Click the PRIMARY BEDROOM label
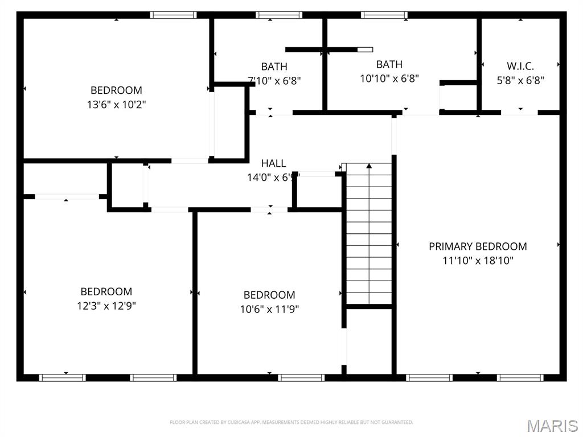[478, 246]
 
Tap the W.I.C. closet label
[520, 66]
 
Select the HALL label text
[274, 163]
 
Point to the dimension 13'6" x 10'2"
[116, 105]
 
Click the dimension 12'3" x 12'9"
[106, 306]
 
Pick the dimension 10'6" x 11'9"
[269, 310]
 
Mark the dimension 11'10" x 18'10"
[478, 261]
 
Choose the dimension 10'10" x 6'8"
[389, 79]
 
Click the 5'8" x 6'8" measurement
[520, 81]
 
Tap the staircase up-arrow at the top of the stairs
[369, 166]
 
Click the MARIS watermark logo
[552, 425]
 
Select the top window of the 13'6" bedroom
[173, 15]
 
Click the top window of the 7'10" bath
[278, 15]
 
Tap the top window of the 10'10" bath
[384, 15]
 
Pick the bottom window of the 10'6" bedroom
[301, 377]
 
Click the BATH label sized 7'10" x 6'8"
[274, 67]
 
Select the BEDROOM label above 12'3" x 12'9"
[106, 291]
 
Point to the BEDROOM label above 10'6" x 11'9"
[269, 295]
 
